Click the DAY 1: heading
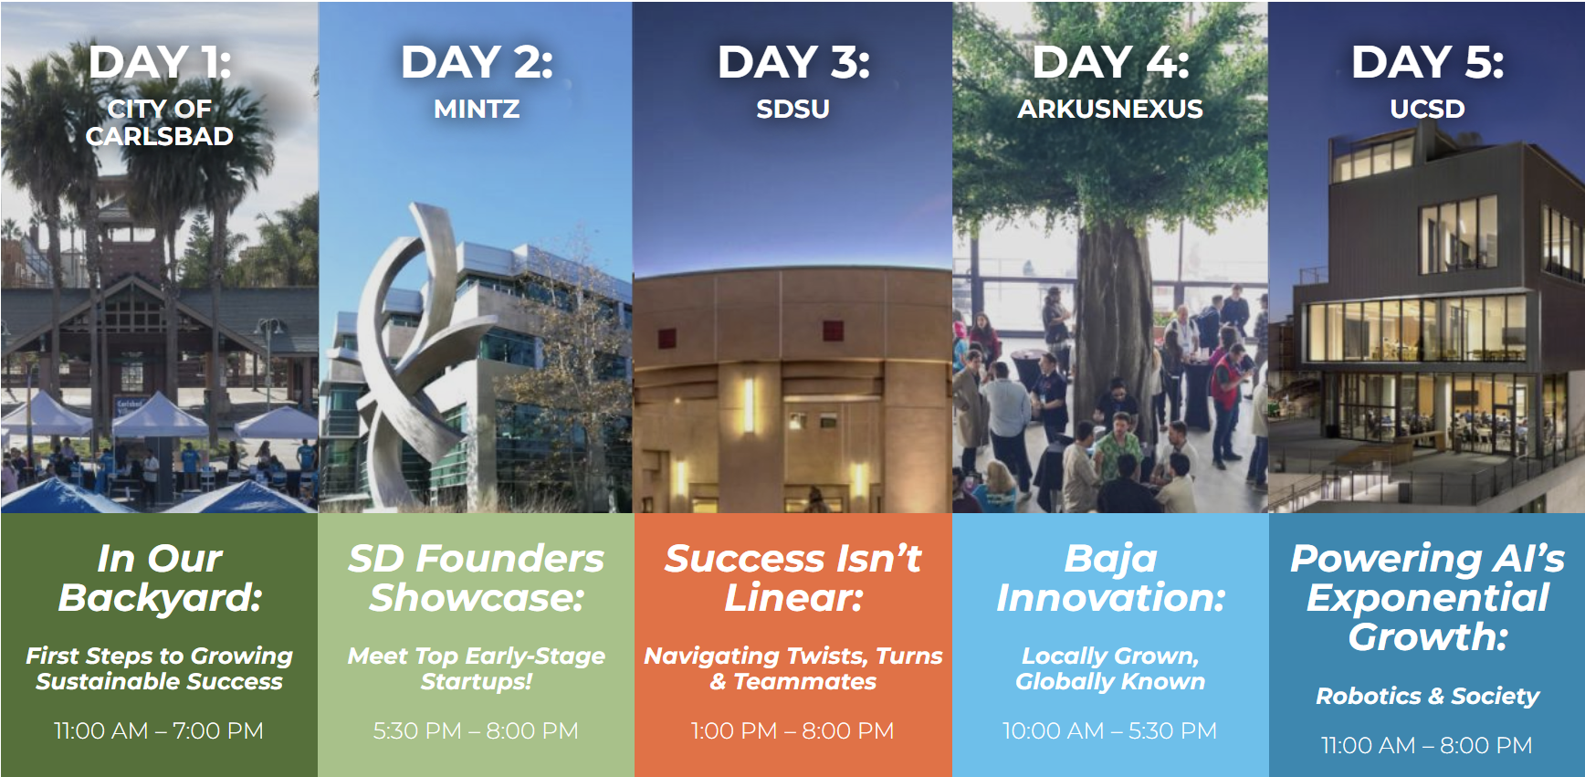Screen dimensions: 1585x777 pyautogui.click(x=160, y=62)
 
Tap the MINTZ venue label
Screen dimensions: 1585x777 pyautogui.click(x=477, y=110)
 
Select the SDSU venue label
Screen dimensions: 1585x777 pyautogui.click(x=792, y=110)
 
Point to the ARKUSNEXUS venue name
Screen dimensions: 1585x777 pyautogui.click(x=1110, y=110)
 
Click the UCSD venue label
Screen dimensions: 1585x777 pyautogui.click(x=1427, y=110)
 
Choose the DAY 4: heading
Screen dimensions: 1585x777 pyautogui.click(x=1110, y=62)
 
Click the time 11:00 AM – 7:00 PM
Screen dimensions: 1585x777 pyautogui.click(x=159, y=730)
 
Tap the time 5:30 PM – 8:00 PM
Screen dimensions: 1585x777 pyautogui.click(x=476, y=730)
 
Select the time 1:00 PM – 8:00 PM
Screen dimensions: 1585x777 pyautogui.click(x=792, y=730)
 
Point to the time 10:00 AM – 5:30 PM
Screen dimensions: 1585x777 pyautogui.click(x=1110, y=730)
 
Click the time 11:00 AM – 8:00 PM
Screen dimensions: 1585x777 pyautogui.click(x=1427, y=745)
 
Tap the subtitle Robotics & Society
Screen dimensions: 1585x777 pyautogui.click(x=1427, y=697)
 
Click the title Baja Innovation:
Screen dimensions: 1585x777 pyautogui.click(x=1110, y=578)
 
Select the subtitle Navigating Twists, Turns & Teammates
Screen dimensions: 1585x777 pyautogui.click(x=792, y=668)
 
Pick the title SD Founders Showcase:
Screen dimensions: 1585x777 pyautogui.click(x=476, y=578)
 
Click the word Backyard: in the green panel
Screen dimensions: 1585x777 pyautogui.click(x=160, y=598)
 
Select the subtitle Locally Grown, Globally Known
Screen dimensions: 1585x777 pyautogui.click(x=1110, y=668)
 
